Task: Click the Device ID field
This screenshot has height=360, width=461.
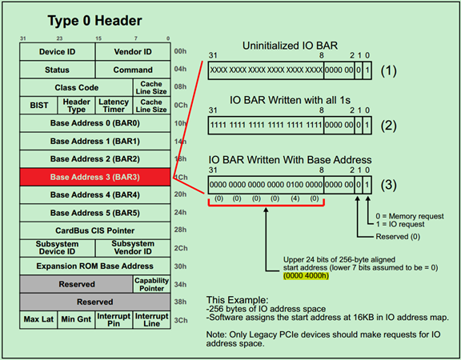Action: tap(58, 52)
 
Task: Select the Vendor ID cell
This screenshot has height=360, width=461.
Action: tap(133, 52)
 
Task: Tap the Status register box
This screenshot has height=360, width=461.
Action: tap(58, 70)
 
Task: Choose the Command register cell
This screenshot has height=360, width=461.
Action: tap(133, 70)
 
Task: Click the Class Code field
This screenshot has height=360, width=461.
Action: tap(77, 87)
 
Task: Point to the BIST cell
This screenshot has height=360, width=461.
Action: tap(38, 106)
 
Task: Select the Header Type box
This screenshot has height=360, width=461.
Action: tap(77, 106)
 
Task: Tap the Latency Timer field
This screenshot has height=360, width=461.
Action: tap(114, 106)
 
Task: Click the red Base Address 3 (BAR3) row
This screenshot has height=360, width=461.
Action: tap(95, 177)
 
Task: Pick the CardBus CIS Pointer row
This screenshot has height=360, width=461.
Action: tap(95, 230)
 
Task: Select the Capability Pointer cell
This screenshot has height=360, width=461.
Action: tap(152, 284)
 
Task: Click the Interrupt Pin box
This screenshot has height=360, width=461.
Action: tap(114, 320)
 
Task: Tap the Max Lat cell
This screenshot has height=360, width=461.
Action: tap(38, 320)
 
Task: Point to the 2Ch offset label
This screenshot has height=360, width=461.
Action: tap(181, 248)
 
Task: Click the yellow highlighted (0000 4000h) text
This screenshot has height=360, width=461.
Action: tap(306, 276)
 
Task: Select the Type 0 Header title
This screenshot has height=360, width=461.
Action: tap(94, 21)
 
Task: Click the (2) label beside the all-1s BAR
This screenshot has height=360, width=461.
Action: tap(389, 126)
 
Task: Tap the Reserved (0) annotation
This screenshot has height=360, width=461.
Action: tap(398, 237)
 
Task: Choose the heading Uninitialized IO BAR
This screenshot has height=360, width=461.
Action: tap(290, 46)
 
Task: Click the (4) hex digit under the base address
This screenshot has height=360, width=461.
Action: tap(295, 198)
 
